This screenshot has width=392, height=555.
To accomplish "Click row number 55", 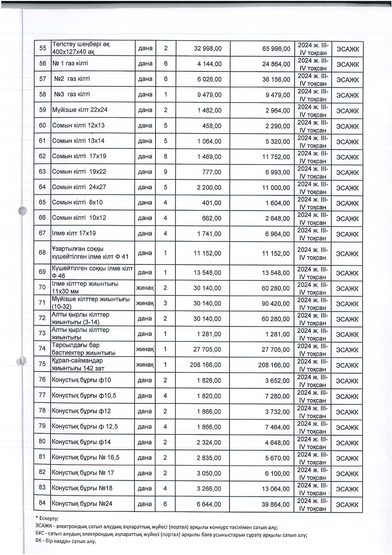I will tap(43, 48).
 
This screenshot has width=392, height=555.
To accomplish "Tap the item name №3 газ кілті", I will tap(72, 94).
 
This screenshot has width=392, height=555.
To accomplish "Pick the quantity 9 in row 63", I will tap(166, 172).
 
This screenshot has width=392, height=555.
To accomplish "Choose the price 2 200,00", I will tap(209, 187).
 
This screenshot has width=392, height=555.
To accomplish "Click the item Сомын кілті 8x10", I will tap(77, 202).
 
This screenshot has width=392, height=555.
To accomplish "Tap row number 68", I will tap(42, 253).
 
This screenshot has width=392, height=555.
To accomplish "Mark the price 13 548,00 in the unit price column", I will tap(207, 273).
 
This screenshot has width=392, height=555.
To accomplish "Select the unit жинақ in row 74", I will tap(145, 349).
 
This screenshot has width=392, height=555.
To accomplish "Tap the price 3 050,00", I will tap(209, 473).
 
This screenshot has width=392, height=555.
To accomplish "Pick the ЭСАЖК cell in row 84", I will tap(347, 504).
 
